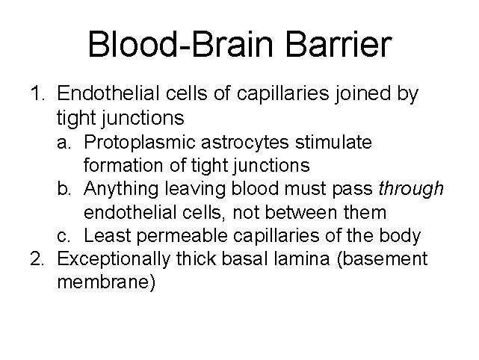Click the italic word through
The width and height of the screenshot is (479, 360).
pyautogui.click(x=412, y=189)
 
